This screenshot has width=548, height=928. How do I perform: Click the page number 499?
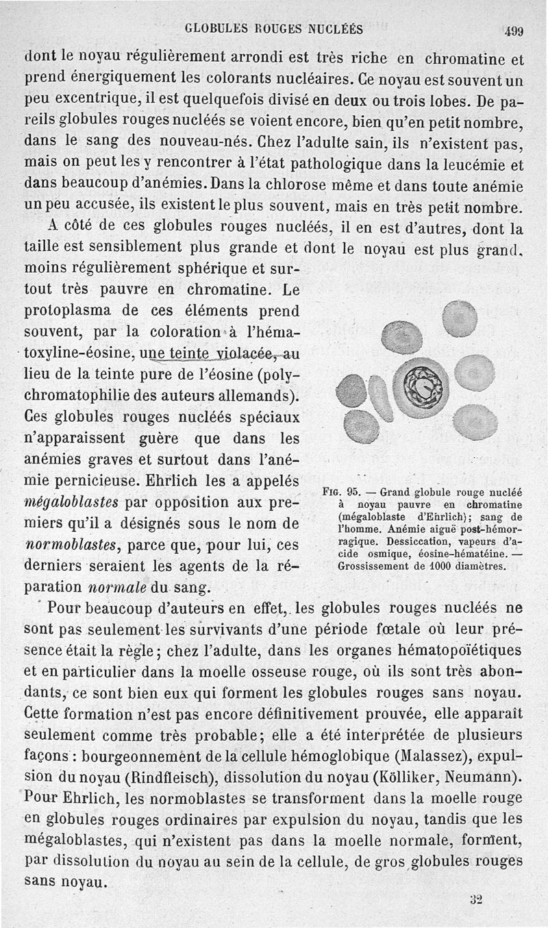click(x=513, y=30)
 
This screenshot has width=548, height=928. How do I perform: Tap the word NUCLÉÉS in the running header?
click(x=334, y=29)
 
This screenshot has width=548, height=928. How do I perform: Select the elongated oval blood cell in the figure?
click(x=380, y=399)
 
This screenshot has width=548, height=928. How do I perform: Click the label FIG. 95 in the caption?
click(x=345, y=491)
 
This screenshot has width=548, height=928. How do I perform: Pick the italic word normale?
click(x=120, y=588)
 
